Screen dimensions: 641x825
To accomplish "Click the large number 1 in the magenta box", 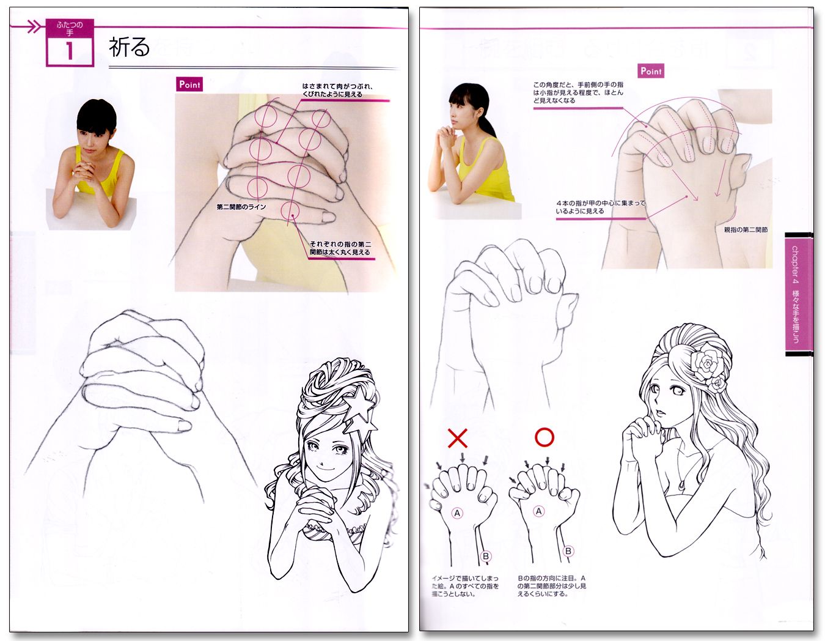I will (x=70, y=51).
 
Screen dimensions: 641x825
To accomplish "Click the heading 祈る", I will (x=129, y=48).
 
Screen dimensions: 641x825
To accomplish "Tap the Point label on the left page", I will (x=189, y=84).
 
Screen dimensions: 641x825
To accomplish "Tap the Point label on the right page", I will (x=651, y=71).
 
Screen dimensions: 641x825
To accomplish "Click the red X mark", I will (x=457, y=438).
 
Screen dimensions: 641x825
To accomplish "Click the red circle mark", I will (x=544, y=437).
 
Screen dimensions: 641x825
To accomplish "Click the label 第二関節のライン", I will (x=241, y=207).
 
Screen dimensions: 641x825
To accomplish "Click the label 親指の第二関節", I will (x=745, y=230).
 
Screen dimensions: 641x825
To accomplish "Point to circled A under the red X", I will (x=457, y=513).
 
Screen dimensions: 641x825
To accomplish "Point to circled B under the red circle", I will (x=568, y=551).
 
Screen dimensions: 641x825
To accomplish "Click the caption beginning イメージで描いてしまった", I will (x=465, y=586).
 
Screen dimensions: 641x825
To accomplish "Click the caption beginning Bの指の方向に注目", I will (x=551, y=586).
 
